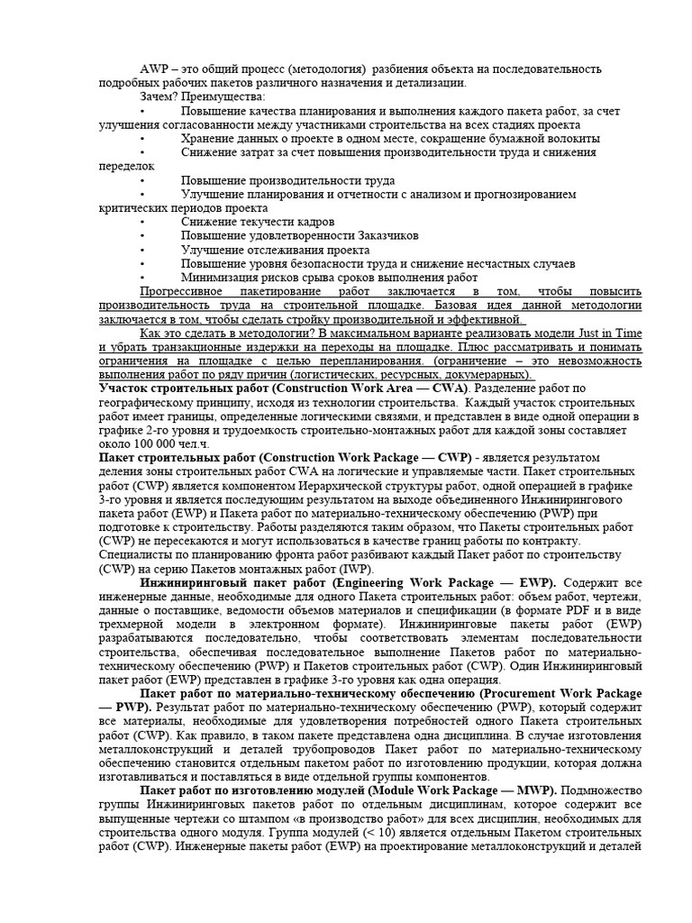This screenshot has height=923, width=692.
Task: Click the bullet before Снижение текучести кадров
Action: click(x=143, y=222)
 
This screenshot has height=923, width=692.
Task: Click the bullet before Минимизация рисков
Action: click(x=143, y=278)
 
